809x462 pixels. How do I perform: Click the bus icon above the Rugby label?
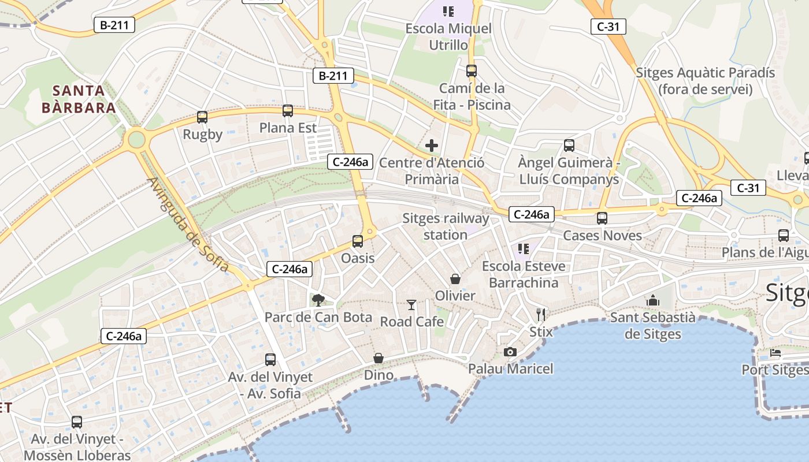tap(202, 117)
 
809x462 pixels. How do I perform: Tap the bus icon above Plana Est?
tap(287, 111)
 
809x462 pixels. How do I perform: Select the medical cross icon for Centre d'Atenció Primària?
tap(432, 146)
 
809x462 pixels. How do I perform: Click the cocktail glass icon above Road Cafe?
tap(411, 304)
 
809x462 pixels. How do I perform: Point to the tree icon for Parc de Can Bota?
tap(318, 300)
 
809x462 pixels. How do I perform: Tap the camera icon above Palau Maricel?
tap(510, 352)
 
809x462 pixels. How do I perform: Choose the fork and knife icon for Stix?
tap(541, 315)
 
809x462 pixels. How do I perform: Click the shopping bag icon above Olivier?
tap(455, 279)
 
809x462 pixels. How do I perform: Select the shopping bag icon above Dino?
tap(378, 358)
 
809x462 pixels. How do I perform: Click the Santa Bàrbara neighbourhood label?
tap(79, 99)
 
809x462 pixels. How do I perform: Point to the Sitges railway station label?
tap(446, 226)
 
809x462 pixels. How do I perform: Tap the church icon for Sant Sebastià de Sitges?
tap(653, 300)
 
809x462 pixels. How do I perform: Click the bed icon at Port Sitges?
tap(775, 353)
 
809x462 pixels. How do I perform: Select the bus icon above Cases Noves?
tap(602, 218)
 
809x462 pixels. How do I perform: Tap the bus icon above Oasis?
tap(358, 241)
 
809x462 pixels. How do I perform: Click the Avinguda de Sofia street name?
tap(188, 225)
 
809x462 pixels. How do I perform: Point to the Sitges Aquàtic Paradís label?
tap(705, 81)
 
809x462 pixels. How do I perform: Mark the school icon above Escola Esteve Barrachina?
tap(524, 249)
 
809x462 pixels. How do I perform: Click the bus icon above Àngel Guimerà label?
tap(569, 146)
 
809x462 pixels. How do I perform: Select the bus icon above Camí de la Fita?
tap(472, 71)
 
